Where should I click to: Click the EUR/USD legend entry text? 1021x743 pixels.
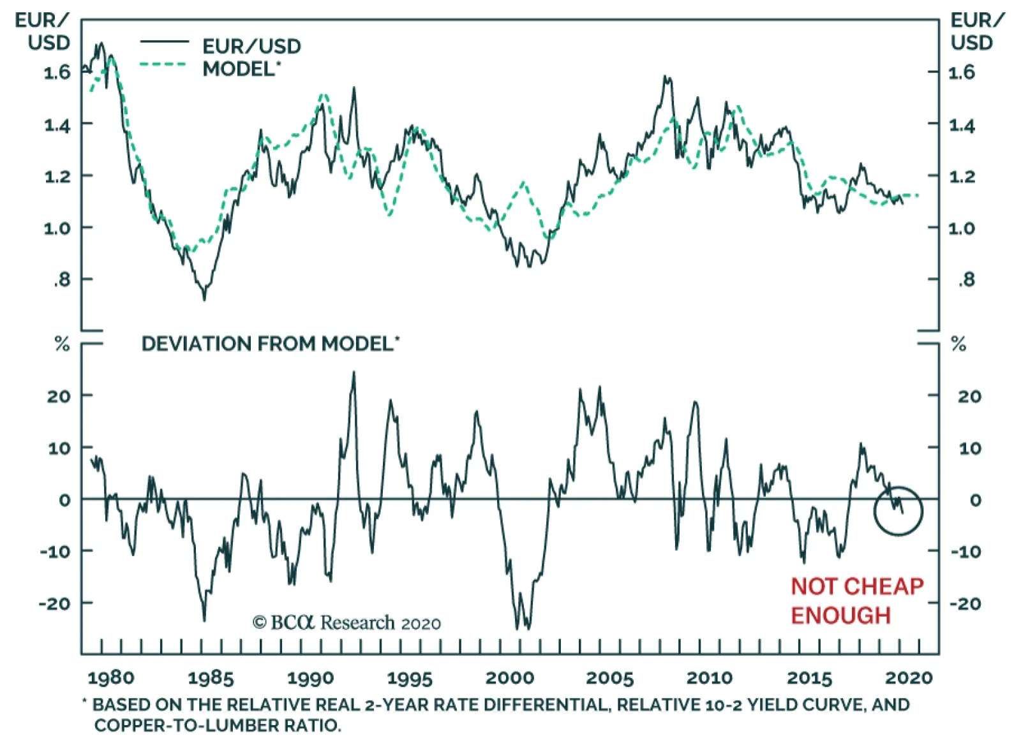[x=251, y=46]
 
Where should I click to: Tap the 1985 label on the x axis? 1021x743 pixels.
[x=211, y=677]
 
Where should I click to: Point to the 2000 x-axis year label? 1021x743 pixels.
[x=510, y=677]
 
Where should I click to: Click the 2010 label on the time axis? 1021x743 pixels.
[x=710, y=677]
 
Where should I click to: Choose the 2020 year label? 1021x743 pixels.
[x=909, y=677]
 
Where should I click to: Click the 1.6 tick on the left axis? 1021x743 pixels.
[x=57, y=72]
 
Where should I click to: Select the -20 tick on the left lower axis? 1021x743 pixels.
[x=55, y=603]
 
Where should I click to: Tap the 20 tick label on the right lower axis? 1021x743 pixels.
[x=969, y=396]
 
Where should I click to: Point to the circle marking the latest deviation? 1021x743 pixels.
[x=898, y=510]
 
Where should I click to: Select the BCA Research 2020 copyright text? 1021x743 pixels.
[x=347, y=622]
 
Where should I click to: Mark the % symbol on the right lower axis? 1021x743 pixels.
[x=958, y=345]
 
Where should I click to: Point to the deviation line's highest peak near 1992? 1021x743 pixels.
[x=354, y=372]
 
